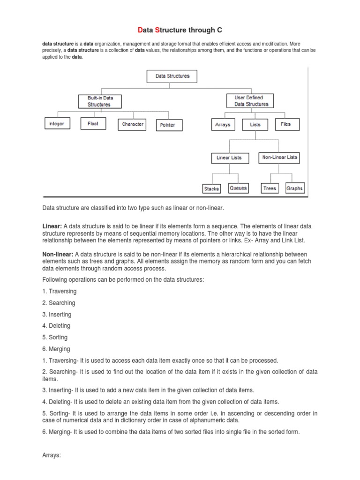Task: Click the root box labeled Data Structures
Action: coord(172,76)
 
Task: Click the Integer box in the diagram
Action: coord(57,124)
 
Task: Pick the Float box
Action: coord(93,124)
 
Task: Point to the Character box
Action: coord(133,124)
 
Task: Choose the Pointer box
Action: coord(167,125)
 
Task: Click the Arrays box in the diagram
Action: coord(222,125)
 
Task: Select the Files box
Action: coord(285,124)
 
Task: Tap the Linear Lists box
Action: coord(229,158)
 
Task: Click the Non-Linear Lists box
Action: coord(279,157)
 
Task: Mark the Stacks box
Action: coord(211,188)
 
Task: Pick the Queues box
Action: coord(238,188)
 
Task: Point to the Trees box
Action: coord(270,188)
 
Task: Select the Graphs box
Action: coord(294,188)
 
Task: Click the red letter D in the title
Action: coord(140,30)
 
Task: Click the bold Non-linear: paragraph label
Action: coord(58,254)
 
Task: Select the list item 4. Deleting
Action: coord(56,326)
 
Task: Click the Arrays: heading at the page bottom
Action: coord(52,454)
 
